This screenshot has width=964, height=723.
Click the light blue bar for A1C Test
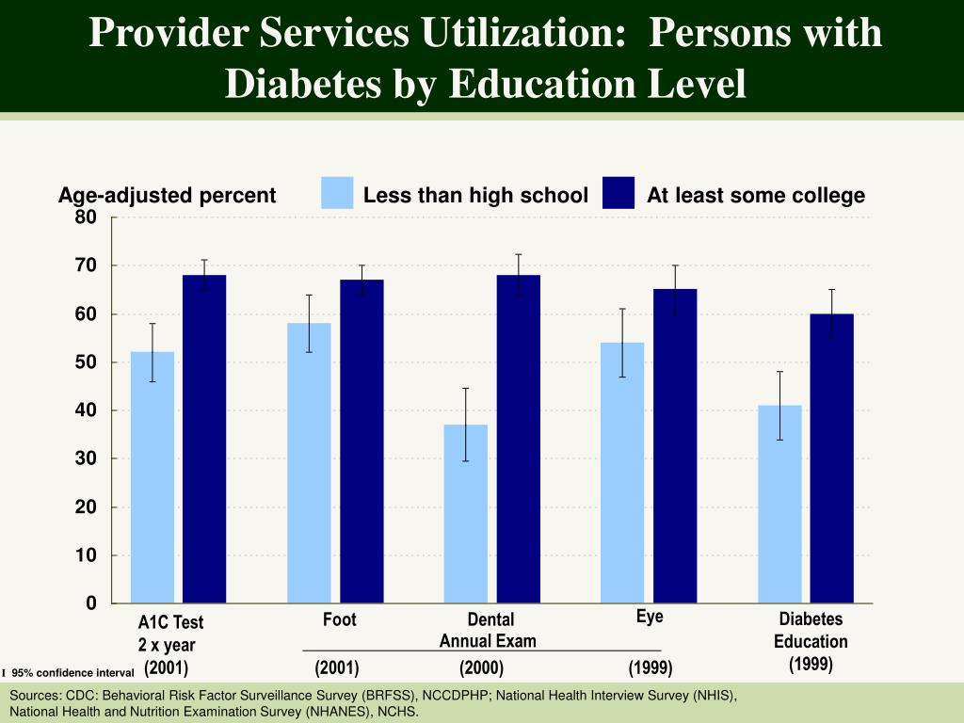pyautogui.click(x=153, y=477)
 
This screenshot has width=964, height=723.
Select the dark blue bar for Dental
pyautogui.click(x=519, y=439)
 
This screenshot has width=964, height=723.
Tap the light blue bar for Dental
pyautogui.click(x=466, y=513)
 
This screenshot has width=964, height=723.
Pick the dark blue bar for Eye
pyautogui.click(x=675, y=445)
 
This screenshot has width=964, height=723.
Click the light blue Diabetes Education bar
pyautogui.click(x=780, y=504)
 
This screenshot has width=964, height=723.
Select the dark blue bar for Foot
pyautogui.click(x=361, y=441)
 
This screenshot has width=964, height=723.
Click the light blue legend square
pyautogui.click(x=337, y=193)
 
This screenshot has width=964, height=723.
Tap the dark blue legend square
pyautogui.click(x=619, y=193)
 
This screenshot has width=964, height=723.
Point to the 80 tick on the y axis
pyautogui.click(x=86, y=217)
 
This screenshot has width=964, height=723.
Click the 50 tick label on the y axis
pyautogui.click(x=86, y=362)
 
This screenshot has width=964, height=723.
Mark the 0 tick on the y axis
pyautogui.click(x=91, y=603)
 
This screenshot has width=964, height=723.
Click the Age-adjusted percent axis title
pyautogui.click(x=167, y=196)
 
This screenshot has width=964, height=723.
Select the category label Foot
pyautogui.click(x=340, y=619)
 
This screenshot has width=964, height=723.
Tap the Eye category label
pyautogui.click(x=650, y=617)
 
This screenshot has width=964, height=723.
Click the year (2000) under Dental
pyautogui.click(x=482, y=668)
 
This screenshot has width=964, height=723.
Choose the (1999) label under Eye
pyautogui.click(x=651, y=668)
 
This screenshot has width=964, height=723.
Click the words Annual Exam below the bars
pyautogui.click(x=488, y=641)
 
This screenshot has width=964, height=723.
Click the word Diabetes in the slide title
pyautogui.click(x=299, y=84)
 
